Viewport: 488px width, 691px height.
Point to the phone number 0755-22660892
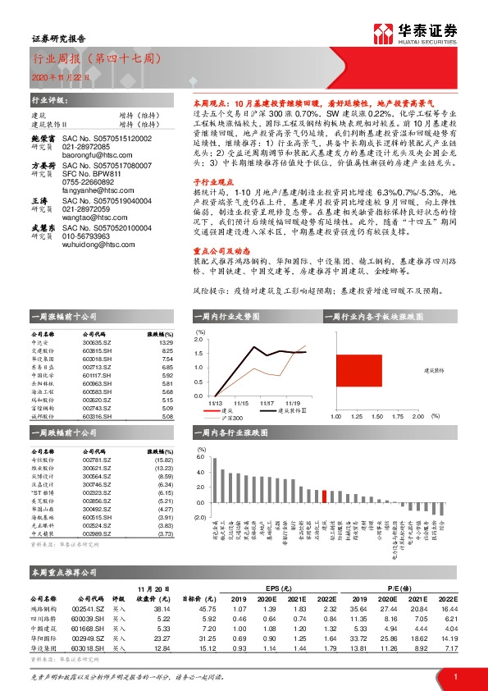click(83, 185)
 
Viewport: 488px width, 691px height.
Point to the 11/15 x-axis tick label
click(241, 403)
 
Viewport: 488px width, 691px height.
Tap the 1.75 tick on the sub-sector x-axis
click(395, 416)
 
